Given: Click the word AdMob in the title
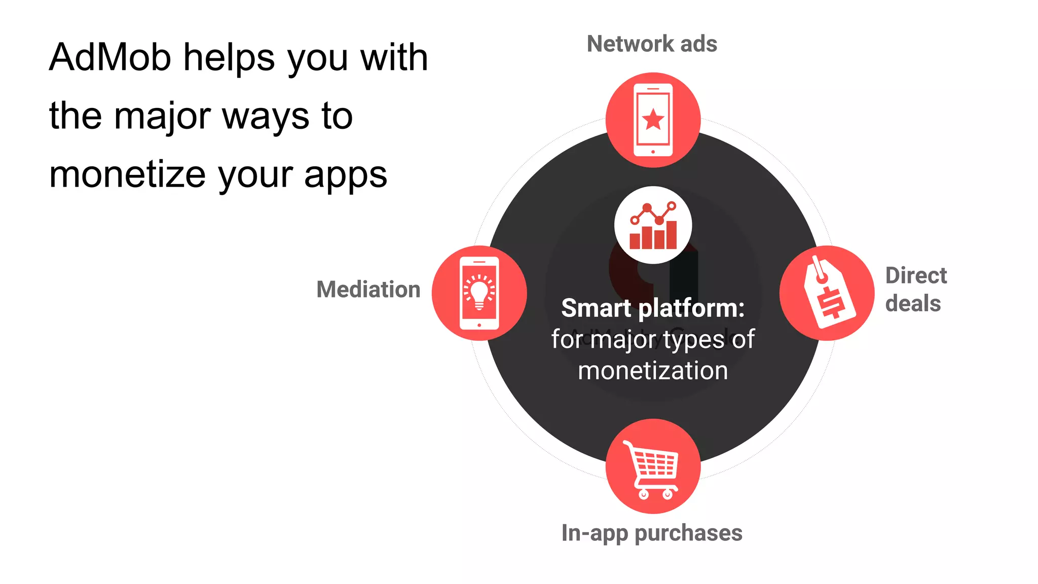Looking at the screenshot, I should (x=110, y=57).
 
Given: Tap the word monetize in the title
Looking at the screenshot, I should (x=127, y=175).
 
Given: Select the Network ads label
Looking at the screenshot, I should (x=652, y=44).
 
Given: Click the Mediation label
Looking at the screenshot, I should (x=368, y=289).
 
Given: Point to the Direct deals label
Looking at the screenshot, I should (x=915, y=289).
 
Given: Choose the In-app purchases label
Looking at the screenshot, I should (x=652, y=533).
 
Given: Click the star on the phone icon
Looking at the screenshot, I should (x=653, y=120).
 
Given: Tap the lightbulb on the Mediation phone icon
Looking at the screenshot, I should (x=479, y=291).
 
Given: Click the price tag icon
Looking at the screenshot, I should (x=828, y=293).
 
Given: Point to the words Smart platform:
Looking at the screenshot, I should (x=653, y=308).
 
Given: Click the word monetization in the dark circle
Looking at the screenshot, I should (x=653, y=371).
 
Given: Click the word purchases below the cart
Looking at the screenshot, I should (x=688, y=533).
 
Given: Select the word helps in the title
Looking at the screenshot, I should (x=230, y=57).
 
